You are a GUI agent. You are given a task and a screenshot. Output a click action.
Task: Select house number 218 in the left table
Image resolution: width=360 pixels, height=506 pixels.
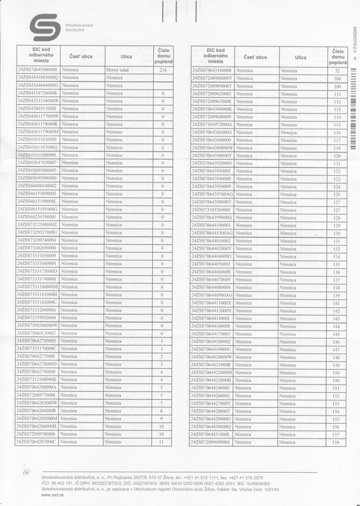[162, 70]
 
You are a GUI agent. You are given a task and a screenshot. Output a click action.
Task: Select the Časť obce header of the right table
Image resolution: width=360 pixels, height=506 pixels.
[255, 57]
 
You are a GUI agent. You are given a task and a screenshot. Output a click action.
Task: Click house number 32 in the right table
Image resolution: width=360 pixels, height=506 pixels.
[337, 71]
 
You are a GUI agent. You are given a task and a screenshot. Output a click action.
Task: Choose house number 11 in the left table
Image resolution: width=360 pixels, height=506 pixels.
[162, 441]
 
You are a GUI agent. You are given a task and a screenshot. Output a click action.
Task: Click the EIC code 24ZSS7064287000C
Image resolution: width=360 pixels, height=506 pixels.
[37, 441]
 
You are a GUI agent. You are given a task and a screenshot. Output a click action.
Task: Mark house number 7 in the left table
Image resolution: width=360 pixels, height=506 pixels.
[162, 403]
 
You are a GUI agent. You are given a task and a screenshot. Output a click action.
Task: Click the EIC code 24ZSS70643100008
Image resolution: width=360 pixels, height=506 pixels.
[212, 71]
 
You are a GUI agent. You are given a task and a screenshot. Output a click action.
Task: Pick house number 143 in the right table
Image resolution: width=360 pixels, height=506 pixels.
[337, 318]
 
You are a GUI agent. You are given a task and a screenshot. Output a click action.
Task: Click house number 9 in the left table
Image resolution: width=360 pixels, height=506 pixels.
[162, 418]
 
